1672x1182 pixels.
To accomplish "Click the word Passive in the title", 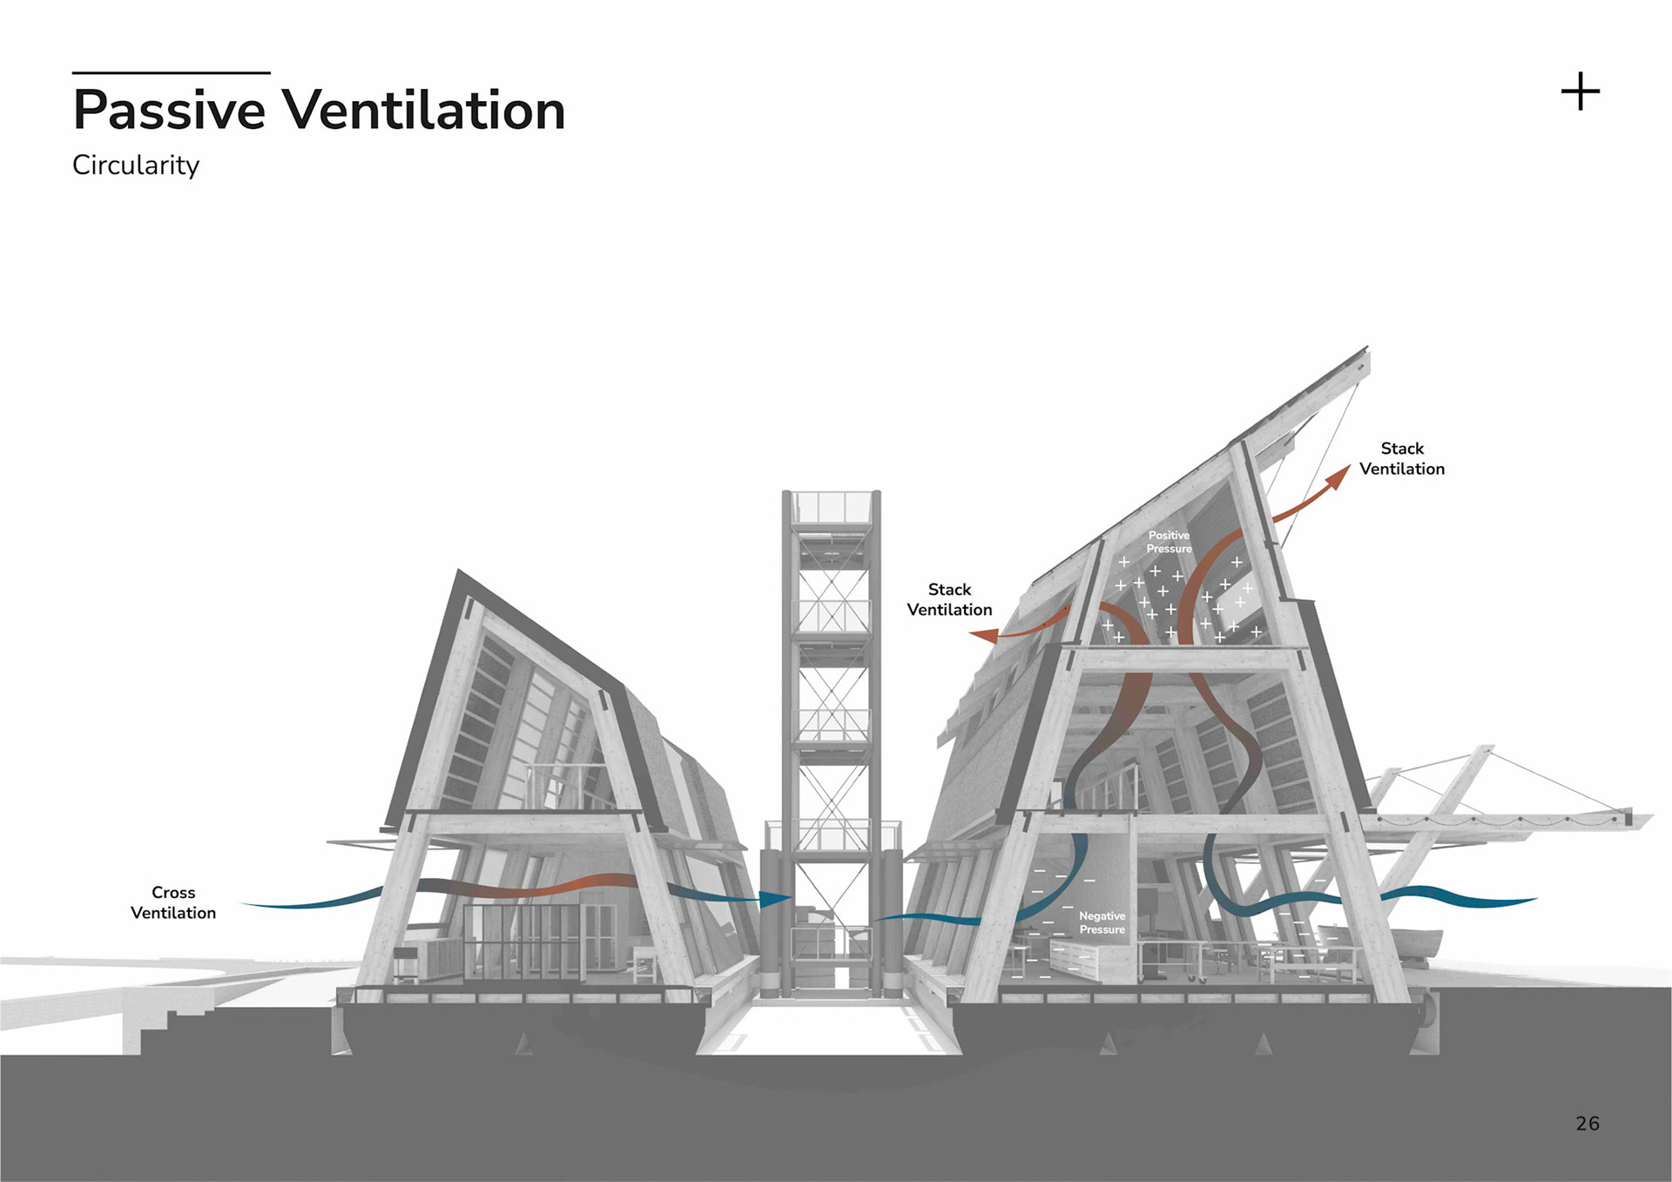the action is [x=169, y=111].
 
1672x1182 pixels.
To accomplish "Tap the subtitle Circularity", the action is [x=136, y=165].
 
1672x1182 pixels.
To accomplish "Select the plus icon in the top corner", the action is [x=1580, y=91].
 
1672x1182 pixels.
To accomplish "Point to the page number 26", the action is [x=1588, y=1124].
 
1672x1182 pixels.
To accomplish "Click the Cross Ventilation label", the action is [x=173, y=902].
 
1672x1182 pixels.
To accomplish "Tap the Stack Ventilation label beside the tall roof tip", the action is [x=1401, y=458].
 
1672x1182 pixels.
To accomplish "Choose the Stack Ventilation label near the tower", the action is [x=949, y=599].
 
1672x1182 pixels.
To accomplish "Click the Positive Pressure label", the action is [x=1169, y=542].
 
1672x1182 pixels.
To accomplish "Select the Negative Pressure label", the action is [x=1102, y=922].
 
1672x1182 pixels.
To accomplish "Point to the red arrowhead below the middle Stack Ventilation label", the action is [x=985, y=636].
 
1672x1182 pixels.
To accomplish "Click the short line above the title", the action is [x=171, y=72].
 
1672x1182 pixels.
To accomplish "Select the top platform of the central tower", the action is [x=832, y=507].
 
